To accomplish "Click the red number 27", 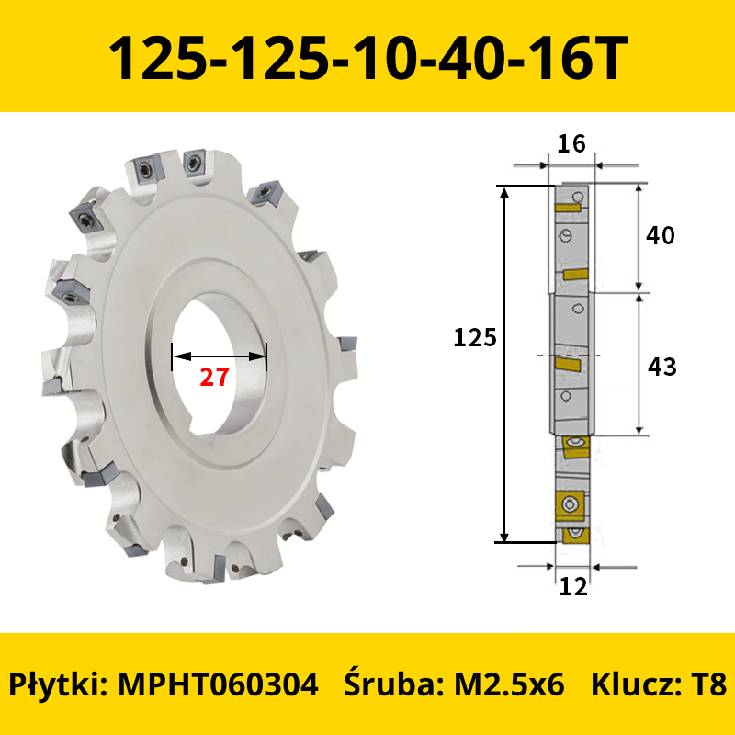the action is coord(215,377).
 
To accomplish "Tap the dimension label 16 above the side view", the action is coord(571,144).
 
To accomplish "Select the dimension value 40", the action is coord(660,235).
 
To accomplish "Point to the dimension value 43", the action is coord(661,367).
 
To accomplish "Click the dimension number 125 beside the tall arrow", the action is coord(475,337).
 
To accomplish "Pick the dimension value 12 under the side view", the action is coord(573,586).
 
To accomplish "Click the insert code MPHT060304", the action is coord(218,684).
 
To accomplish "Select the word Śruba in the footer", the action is coord(394,684).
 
